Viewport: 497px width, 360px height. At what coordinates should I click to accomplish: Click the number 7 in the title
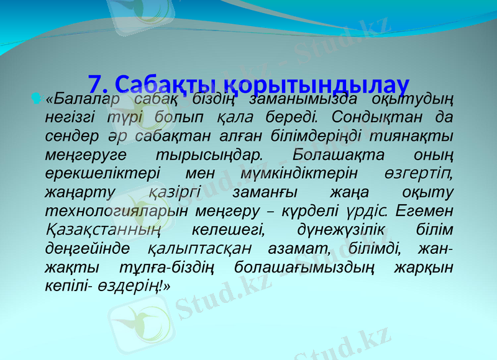point(94,83)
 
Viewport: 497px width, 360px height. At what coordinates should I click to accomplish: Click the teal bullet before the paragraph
point(36,97)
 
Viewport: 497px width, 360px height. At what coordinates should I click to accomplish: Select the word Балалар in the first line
point(84,99)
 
